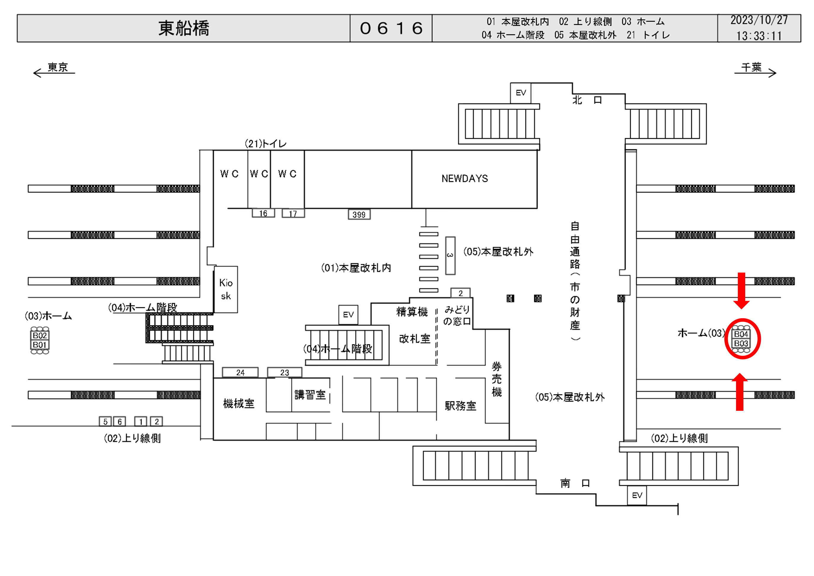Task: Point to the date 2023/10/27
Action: click(x=759, y=20)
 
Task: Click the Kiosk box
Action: click(x=226, y=289)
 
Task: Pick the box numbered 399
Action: click(x=359, y=214)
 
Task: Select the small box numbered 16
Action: click(x=263, y=214)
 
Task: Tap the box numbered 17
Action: click(x=293, y=214)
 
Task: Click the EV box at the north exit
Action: click(x=520, y=93)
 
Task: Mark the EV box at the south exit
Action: click(x=637, y=495)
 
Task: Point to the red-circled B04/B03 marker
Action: click(x=741, y=339)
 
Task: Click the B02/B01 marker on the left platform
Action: click(x=40, y=340)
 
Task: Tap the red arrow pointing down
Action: click(x=741, y=290)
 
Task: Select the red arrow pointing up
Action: click(x=740, y=392)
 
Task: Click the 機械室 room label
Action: click(x=239, y=404)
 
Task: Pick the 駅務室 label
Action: click(x=460, y=406)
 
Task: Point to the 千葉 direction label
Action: click(x=751, y=67)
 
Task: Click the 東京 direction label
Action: click(x=58, y=67)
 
